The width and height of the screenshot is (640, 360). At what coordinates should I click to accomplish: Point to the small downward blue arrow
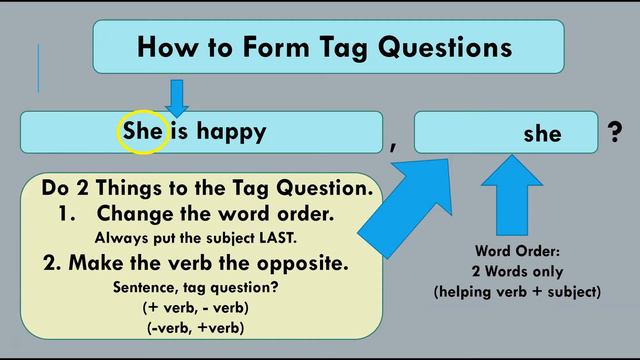coord(177,98)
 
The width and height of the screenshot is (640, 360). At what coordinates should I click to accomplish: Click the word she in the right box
coord(542,134)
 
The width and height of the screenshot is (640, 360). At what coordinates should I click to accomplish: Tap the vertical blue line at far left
coord(38,68)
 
